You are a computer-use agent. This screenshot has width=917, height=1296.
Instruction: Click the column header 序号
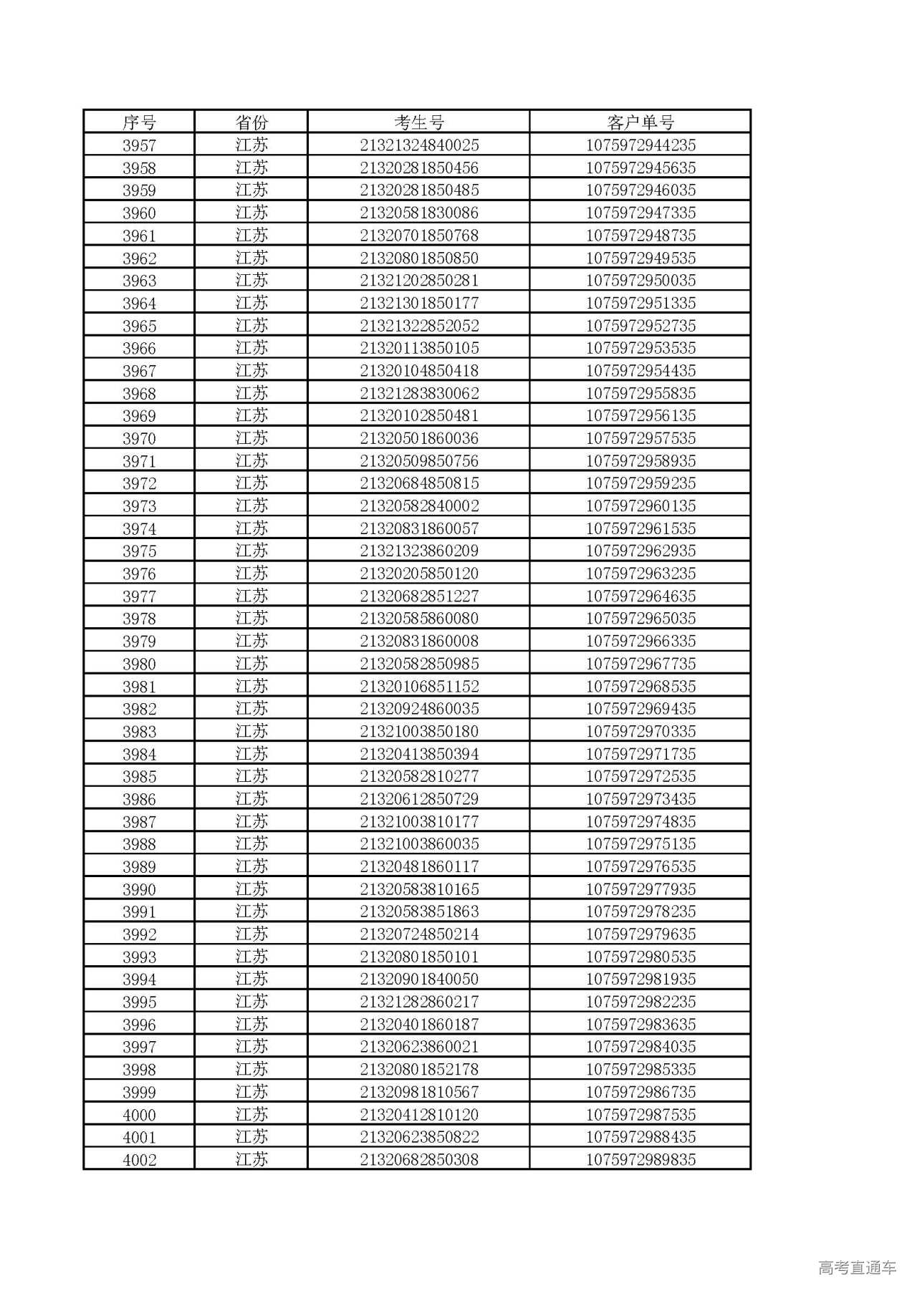139,122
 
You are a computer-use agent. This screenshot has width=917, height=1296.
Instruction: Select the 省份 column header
251,122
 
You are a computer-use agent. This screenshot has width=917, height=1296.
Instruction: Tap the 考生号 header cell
419,122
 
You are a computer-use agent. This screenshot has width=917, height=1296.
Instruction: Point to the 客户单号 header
640,122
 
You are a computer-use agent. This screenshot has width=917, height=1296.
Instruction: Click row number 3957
139,145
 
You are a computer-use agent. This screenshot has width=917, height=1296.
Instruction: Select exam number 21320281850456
419,168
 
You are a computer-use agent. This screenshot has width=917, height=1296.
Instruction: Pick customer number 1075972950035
640,281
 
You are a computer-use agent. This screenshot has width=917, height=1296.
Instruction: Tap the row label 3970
139,439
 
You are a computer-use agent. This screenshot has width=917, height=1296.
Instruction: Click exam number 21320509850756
419,461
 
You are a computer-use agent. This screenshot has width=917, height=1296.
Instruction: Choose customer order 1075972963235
640,574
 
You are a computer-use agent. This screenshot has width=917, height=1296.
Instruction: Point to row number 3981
139,687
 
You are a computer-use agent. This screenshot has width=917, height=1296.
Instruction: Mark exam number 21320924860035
419,709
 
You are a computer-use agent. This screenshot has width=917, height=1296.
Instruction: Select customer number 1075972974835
640,822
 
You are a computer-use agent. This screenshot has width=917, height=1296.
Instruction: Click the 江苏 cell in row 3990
251,889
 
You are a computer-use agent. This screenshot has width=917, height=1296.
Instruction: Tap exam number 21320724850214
419,934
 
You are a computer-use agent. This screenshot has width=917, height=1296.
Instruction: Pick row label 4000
139,1115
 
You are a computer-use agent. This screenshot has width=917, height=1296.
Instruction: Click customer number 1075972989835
640,1160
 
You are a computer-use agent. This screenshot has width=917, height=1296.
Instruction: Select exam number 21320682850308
419,1160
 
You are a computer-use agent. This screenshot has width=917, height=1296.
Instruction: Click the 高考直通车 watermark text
857,1268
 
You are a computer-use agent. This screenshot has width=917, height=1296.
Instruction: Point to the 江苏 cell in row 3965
251,326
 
